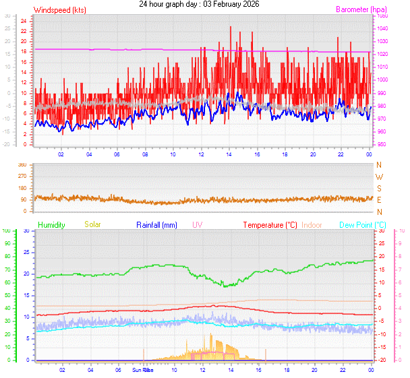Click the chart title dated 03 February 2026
click(198, 4)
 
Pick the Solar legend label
click(92, 224)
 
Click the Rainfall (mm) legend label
click(156, 224)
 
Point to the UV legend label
click(197, 224)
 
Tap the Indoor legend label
click(312, 224)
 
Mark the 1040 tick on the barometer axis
click(382, 28)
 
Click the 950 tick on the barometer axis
click(382, 145)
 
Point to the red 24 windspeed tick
click(23, 21)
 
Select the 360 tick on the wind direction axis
click(22, 165)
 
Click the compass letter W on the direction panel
click(379, 177)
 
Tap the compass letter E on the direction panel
click(379, 200)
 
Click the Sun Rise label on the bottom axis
click(142, 370)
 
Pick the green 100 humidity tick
click(6, 231)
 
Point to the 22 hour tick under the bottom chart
click(342, 370)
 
